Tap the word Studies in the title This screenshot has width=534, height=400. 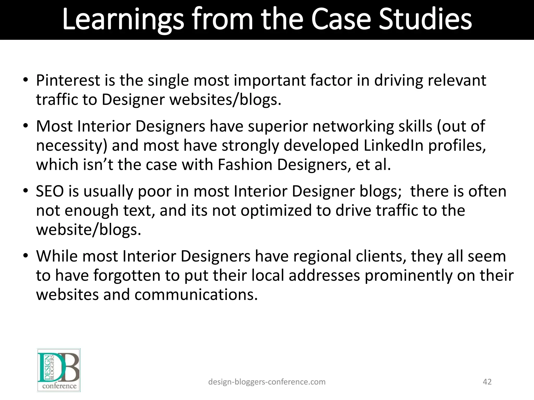pyautogui.click(x=425, y=19)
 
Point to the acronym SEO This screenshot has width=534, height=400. pyautogui.click(x=50, y=191)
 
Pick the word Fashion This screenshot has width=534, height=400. pyautogui.click(x=245, y=165)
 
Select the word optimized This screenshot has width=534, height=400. pyautogui.click(x=276, y=210)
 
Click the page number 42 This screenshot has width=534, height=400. pyautogui.click(x=487, y=382)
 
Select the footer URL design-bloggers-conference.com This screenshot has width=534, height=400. pyautogui.click(x=267, y=382)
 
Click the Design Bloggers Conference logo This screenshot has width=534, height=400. pyautogui.click(x=59, y=370)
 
